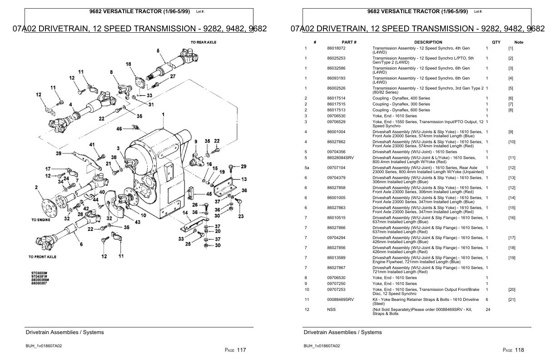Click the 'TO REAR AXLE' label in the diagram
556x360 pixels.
tap(204, 42)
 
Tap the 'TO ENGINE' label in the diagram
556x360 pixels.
tap(41, 220)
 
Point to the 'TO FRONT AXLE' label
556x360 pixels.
tap(42, 257)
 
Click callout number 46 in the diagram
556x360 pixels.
tap(119, 129)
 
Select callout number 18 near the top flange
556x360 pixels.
tap(129, 64)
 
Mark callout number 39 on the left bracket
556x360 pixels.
tap(59, 153)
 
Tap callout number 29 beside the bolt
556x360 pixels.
tap(243, 166)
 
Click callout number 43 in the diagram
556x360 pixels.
tap(137, 222)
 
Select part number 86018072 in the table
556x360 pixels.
tap(336, 48)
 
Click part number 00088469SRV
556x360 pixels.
tap(340, 300)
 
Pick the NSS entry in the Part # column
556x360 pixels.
tap(331, 310)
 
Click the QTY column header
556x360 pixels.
tap(496, 42)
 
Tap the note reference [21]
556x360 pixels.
tap(511, 300)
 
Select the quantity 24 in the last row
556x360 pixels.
tap(488, 310)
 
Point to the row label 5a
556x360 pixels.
tap(307, 168)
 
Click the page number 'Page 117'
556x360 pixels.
tap(235, 350)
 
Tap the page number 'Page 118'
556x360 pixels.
tap(513, 350)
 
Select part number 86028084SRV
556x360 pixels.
tap(340, 158)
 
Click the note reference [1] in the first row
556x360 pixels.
tap(511, 48)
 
